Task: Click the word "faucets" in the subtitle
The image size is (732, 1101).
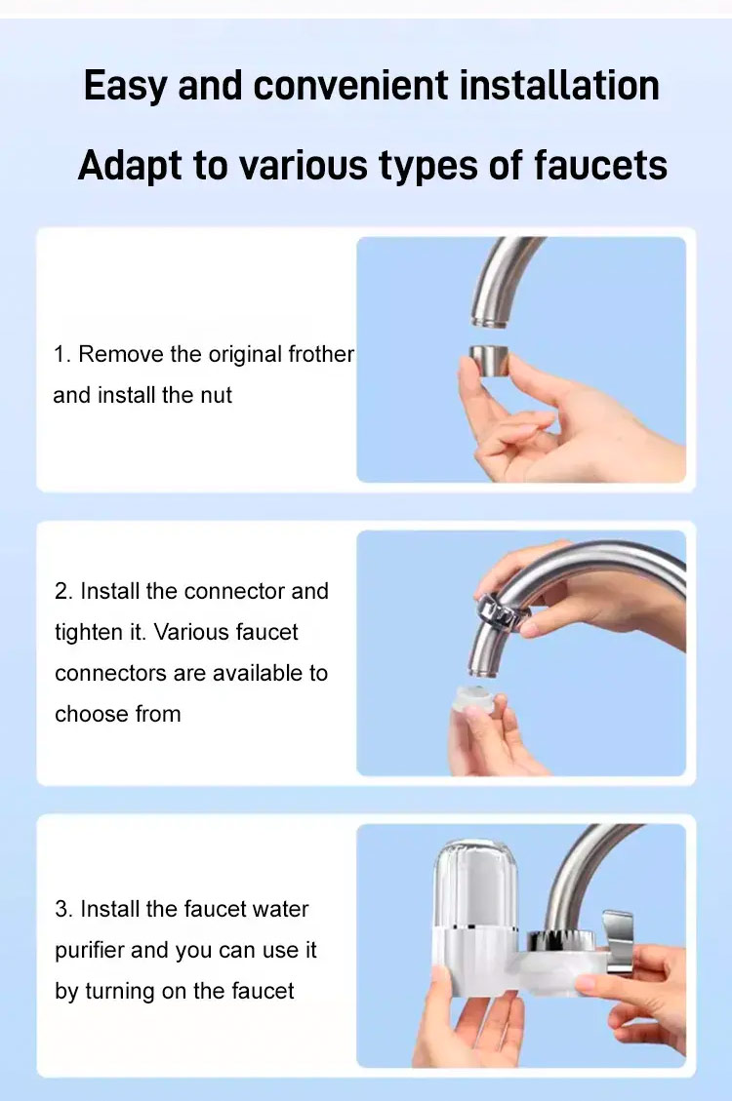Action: pyautogui.click(x=600, y=165)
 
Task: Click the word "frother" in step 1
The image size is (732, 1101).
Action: pyautogui.click(x=321, y=354)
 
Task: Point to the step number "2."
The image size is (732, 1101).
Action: pyautogui.click(x=63, y=591)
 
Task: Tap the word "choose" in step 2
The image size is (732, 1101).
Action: pyautogui.click(x=92, y=714)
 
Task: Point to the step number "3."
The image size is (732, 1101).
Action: pyautogui.click(x=63, y=909)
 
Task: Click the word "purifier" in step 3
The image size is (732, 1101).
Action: pyautogui.click(x=93, y=950)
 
